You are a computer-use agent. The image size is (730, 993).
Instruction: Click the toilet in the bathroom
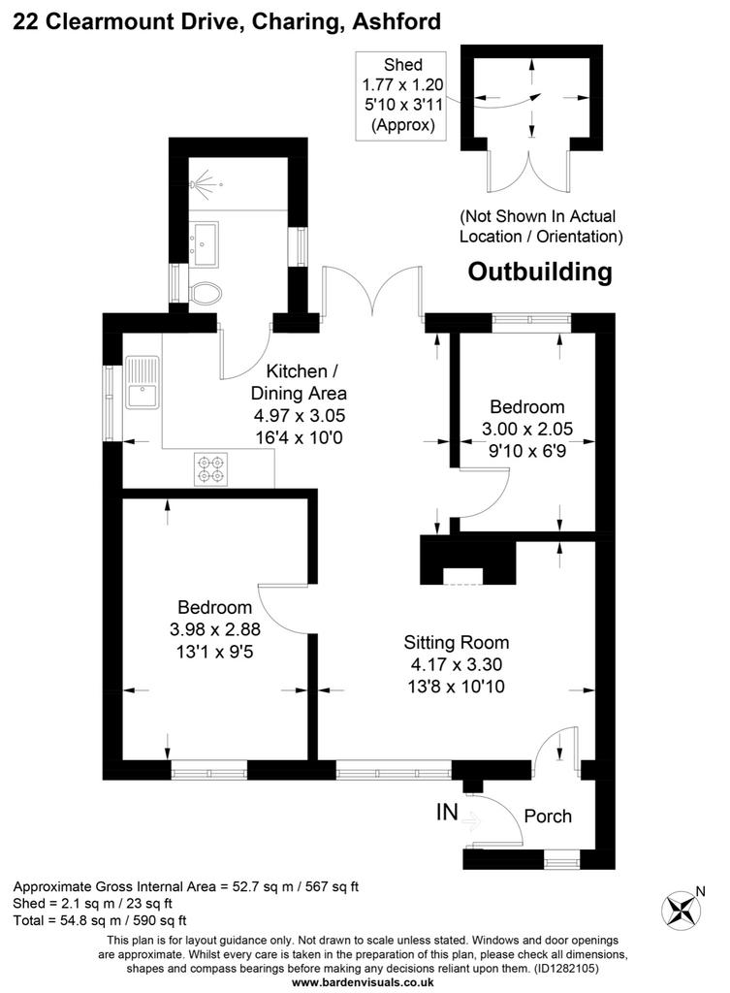pos(205,293)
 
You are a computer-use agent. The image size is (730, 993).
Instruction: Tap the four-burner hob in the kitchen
pos(211,469)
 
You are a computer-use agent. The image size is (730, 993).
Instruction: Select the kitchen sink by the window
pos(143,382)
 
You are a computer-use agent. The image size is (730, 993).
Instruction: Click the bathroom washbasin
pos(204,243)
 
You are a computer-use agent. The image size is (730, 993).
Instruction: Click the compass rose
pos(681,910)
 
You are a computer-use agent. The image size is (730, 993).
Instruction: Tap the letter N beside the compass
pos(700,892)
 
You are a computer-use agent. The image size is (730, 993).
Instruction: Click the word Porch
pos(548,817)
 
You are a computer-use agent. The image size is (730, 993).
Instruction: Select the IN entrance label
pos(447,812)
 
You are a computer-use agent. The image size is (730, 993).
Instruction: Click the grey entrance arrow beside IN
pos(471,822)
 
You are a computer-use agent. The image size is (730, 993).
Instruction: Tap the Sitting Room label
pos(457,643)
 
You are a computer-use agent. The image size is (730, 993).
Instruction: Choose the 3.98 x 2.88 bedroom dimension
pos(215,629)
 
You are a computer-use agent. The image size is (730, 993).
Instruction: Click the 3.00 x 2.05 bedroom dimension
pos(527,429)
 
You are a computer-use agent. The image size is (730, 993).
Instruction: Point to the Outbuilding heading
pos(540,272)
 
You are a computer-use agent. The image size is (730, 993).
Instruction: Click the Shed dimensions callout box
pos(400,96)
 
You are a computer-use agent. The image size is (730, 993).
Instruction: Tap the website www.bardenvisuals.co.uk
pos(363,982)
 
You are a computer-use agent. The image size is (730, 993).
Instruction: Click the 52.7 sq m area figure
pos(262,886)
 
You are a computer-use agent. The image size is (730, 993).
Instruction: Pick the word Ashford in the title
pos(397,21)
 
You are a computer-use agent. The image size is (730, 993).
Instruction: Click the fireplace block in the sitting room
pos(468,561)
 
